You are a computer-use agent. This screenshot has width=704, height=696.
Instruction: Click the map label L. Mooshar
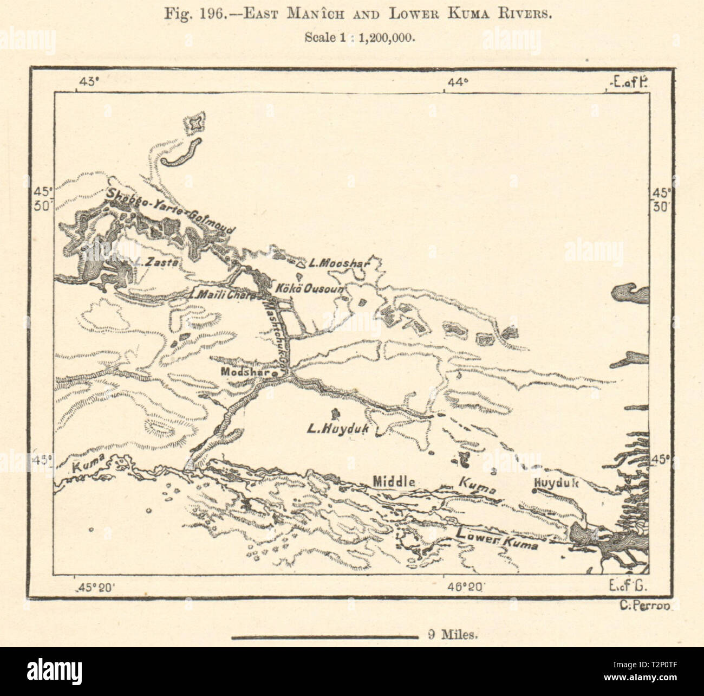tap(338, 265)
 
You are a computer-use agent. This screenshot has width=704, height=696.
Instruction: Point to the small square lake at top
tap(194, 124)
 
